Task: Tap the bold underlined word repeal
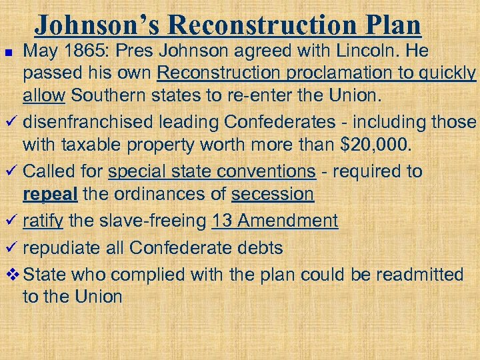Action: (44, 194)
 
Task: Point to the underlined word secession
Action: (272, 194)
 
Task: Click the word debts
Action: (260, 248)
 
